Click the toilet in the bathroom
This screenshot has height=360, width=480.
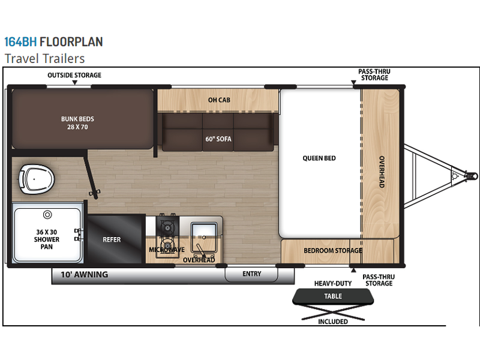coord(36,179)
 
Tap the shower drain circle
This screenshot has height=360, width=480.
coord(47,215)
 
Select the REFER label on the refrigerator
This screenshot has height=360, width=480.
coord(112,239)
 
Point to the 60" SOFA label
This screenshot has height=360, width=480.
coord(218,139)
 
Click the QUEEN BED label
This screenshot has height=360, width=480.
coord(319,158)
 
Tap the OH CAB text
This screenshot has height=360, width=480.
coord(219,100)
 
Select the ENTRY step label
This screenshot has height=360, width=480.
coord(251,274)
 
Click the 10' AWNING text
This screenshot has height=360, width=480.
coord(84,274)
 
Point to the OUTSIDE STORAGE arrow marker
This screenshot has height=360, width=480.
coord(74,83)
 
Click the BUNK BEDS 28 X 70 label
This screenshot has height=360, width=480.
coord(77,123)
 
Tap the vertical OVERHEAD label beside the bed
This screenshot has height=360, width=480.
coord(382,172)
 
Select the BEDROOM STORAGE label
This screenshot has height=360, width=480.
coord(333,251)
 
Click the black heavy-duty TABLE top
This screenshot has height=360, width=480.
coord(333,296)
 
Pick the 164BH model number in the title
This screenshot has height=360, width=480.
coord(20,42)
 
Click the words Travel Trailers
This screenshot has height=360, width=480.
coord(44,58)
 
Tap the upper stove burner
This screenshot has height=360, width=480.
coord(167,227)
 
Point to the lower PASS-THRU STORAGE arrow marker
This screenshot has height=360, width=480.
coord(353,270)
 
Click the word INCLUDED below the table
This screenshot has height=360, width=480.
coord(333,322)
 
